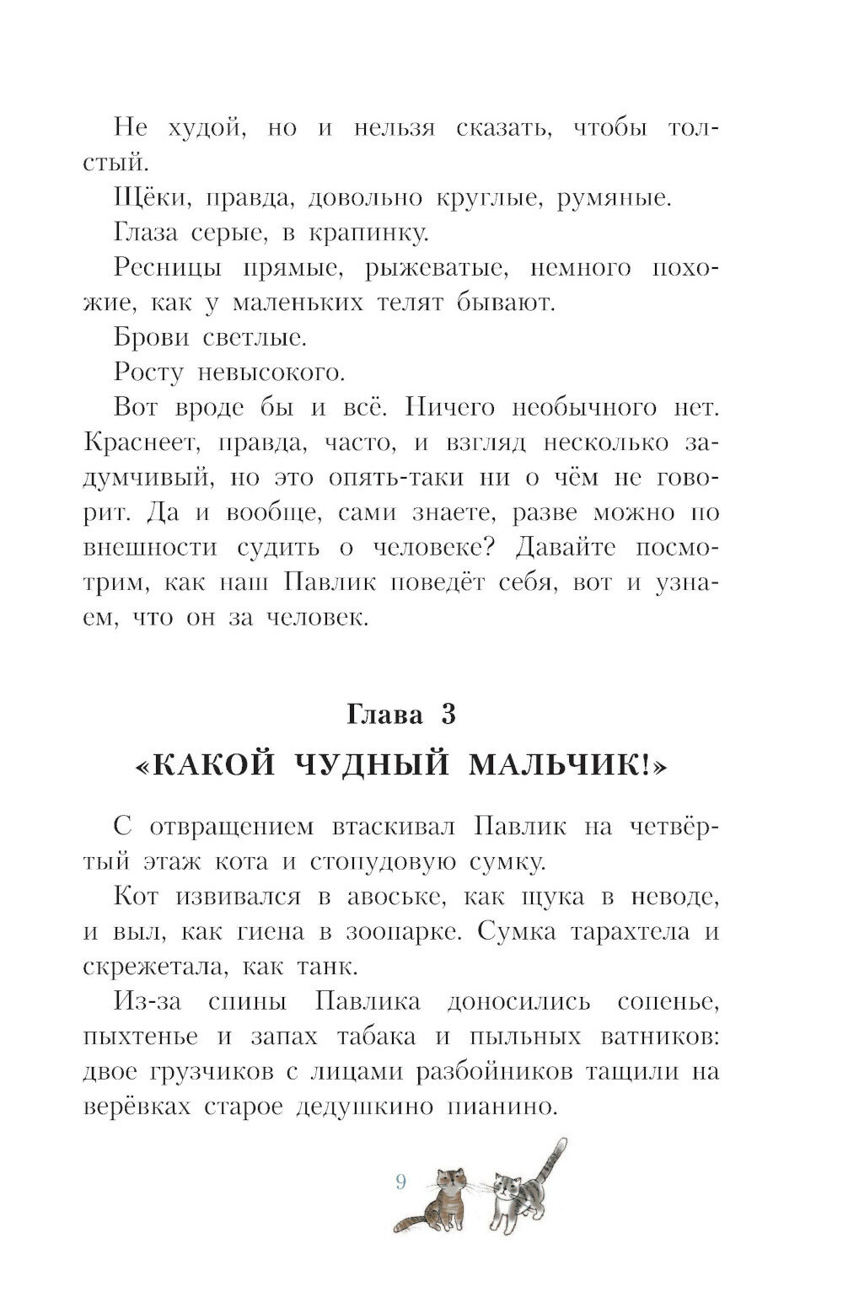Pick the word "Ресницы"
click(168, 268)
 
